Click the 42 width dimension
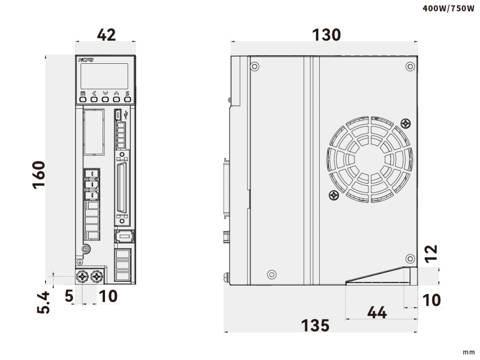pos(106,35)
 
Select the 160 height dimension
pos(39,175)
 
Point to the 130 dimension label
pos(326,35)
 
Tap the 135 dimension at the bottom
pos(315,325)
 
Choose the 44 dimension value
pos(377,313)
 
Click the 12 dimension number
pos(432,254)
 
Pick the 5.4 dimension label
pos(43,302)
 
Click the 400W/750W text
pos(449,8)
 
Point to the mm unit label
pos(468,352)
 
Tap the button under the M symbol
pos(83,99)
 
